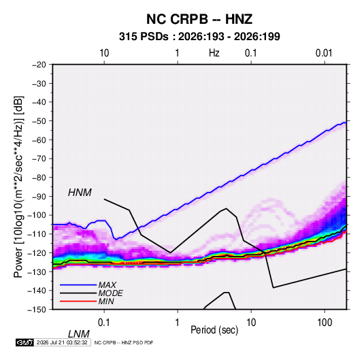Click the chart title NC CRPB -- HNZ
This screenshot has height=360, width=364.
199,19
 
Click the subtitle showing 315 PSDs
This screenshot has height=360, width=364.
199,37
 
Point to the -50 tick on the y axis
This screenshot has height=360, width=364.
39,121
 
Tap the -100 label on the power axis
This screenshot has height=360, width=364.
37,215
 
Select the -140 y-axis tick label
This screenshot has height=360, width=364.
37,291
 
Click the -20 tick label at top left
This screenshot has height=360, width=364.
39,65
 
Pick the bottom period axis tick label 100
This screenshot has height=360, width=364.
325,323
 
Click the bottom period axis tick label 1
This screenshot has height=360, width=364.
178,323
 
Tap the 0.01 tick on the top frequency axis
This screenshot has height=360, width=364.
324,53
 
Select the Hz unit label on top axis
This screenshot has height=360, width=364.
214,53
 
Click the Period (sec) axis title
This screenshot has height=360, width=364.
214,330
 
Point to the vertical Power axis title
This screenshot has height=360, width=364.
18,186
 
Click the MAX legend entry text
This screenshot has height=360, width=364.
107,285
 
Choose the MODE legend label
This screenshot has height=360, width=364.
110,293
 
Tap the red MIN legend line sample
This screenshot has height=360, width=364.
78,301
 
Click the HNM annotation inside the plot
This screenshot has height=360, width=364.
80,193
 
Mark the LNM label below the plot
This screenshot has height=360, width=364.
79,334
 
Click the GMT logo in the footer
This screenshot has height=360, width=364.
24,342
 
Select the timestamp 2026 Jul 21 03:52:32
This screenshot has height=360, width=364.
62,342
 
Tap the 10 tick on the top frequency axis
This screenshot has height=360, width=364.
104,53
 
